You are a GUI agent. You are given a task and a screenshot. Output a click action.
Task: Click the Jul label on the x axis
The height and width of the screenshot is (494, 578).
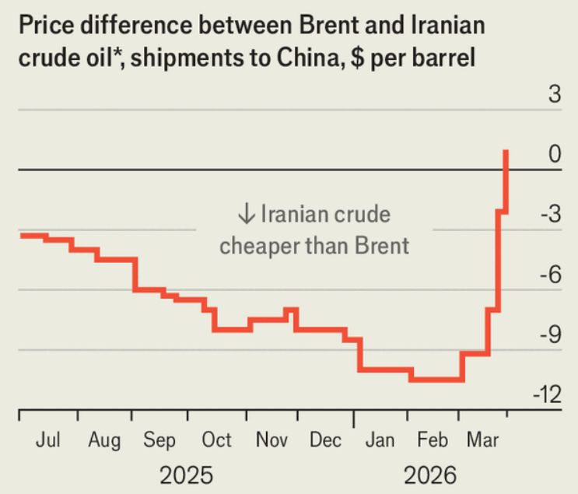point(47,440)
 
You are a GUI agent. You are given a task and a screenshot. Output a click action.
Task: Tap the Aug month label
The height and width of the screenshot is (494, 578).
point(104,440)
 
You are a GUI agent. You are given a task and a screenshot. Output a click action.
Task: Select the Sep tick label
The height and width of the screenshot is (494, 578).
point(159,440)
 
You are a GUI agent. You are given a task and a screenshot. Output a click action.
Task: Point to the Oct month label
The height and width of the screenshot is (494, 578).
point(216,440)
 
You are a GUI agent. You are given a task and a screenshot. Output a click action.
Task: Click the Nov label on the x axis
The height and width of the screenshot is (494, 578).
point(272,440)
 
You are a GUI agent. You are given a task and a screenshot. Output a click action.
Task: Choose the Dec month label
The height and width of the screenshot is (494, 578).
point(325,440)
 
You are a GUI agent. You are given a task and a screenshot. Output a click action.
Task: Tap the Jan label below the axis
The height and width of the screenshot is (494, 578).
point(380,440)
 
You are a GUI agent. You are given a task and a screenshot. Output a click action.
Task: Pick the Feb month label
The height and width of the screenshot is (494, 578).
point(433,440)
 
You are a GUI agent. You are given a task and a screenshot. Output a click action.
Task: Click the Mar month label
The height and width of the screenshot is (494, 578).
point(482,440)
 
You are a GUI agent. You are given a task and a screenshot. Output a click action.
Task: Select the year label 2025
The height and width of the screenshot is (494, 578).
point(186,475)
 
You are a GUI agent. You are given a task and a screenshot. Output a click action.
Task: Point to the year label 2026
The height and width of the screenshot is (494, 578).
point(430,475)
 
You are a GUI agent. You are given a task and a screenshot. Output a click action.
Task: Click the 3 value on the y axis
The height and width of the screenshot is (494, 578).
point(554,95)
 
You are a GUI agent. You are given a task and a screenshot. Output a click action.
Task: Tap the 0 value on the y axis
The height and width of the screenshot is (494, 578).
point(554,155)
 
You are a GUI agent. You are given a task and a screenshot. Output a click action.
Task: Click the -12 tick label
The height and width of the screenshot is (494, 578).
point(546,394)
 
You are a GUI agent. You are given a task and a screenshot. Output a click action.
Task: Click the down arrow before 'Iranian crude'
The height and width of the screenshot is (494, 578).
point(246,214)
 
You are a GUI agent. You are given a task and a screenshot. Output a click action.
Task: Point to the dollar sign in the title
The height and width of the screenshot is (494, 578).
point(358,58)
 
